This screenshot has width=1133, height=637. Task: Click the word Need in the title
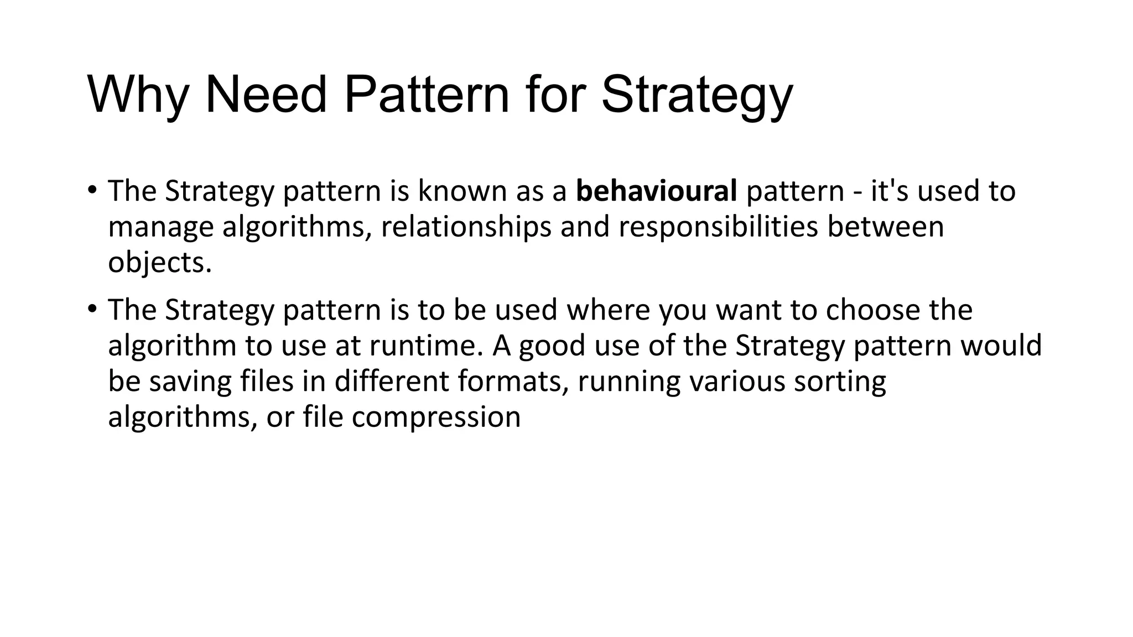266,95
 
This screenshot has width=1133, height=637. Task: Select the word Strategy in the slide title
697,95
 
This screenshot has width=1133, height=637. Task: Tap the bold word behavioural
656,191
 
